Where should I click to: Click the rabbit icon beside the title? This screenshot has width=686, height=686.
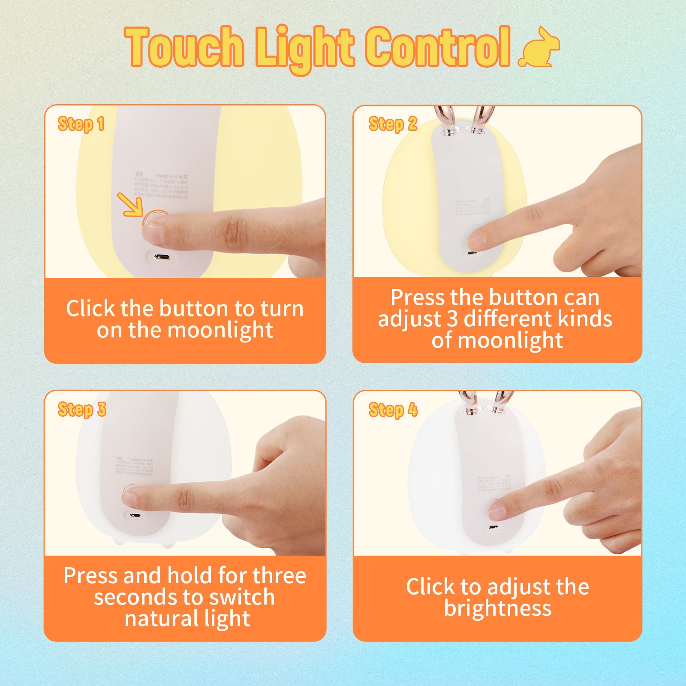pyautogui.click(x=539, y=48)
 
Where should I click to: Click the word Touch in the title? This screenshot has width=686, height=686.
pyautogui.click(x=184, y=47)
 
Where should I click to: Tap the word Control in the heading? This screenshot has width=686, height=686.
pyautogui.click(x=437, y=47)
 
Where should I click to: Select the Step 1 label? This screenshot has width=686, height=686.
pyautogui.click(x=81, y=124)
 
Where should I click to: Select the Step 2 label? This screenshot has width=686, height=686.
pyautogui.click(x=393, y=124)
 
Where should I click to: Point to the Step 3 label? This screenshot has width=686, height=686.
pyautogui.click(x=82, y=409)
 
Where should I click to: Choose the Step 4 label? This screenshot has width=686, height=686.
pyautogui.click(x=393, y=410)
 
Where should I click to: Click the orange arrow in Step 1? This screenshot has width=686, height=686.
pyautogui.click(x=130, y=205)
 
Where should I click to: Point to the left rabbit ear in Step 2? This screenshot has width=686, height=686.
pyautogui.click(x=444, y=120)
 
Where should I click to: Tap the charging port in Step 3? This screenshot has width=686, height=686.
pyautogui.click(x=135, y=515)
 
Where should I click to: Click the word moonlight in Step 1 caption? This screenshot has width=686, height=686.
pyautogui.click(x=220, y=330)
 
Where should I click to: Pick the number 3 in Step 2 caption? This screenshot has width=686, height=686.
pyautogui.click(x=452, y=319)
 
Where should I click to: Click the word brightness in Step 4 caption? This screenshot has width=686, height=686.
pyautogui.click(x=497, y=608)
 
